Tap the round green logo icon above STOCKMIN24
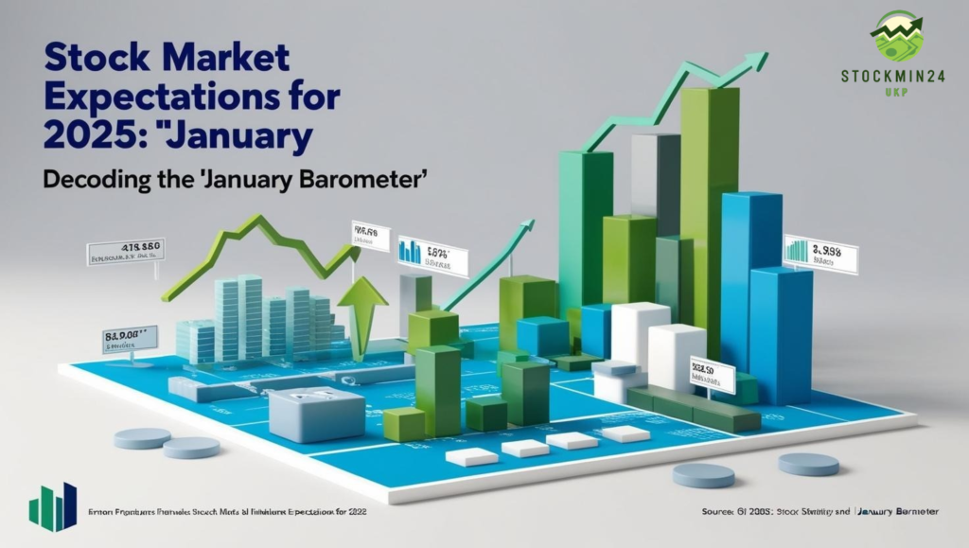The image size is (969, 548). point(896,36)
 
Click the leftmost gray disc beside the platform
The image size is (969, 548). point(142,438)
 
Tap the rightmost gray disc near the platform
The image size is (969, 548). point(808,464)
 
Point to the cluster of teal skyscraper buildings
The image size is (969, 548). point(255,317)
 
